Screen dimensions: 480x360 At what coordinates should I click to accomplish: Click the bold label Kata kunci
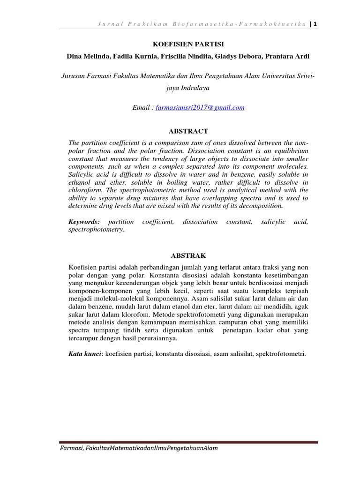pos(85,354)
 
